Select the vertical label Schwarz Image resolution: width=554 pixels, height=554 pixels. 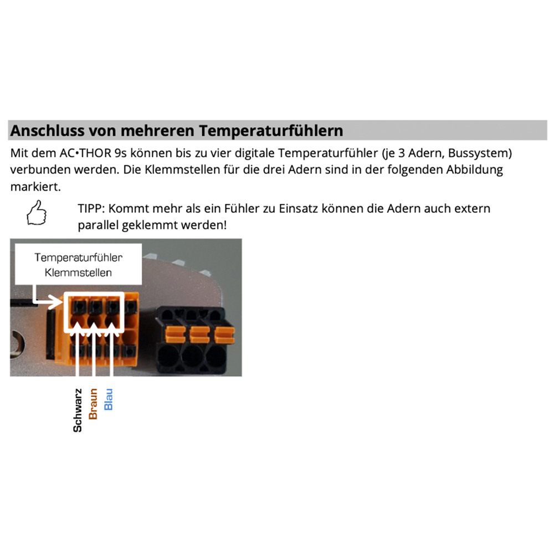[x=78, y=408]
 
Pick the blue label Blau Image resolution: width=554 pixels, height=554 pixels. [x=109, y=399]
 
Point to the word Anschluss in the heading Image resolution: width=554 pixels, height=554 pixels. [x=45, y=131]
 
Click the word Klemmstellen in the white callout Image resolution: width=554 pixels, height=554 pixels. [x=78, y=272]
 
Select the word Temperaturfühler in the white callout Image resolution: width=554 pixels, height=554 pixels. [x=78, y=258]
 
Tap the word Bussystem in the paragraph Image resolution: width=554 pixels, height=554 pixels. [x=481, y=152]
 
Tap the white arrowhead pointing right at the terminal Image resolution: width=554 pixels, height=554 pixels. [x=58, y=302]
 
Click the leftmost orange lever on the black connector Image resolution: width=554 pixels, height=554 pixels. [x=176, y=333]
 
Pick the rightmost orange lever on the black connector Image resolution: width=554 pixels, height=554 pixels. [x=223, y=333]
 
